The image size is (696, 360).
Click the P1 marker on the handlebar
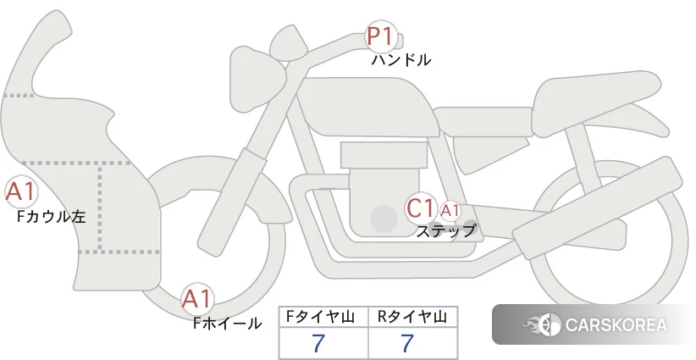point(381,36)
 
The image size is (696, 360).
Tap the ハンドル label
point(400,59)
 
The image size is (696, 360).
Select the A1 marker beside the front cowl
point(20,192)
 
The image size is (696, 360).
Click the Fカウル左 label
point(51,217)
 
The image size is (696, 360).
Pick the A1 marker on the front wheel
point(196,299)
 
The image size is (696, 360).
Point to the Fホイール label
point(227,324)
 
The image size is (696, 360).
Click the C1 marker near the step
point(420,208)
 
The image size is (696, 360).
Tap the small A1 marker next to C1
point(450,211)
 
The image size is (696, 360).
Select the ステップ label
point(445,231)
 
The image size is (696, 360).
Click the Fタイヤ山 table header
point(320,317)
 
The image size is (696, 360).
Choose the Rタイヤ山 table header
point(412,317)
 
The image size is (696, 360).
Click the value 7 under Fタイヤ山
point(318,343)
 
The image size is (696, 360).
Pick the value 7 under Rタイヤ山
point(407,343)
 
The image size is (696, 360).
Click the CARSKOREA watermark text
point(616,325)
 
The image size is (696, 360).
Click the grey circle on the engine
point(384,219)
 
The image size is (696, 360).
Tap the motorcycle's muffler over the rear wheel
point(598,200)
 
